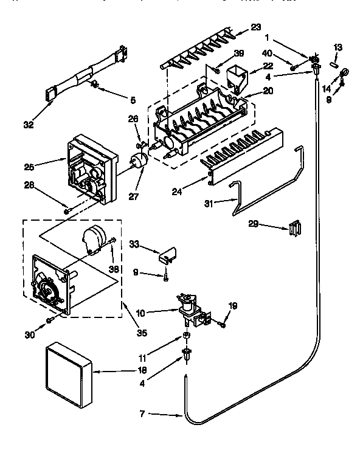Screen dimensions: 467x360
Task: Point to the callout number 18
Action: (x=142, y=370)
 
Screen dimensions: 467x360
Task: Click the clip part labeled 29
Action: (x=294, y=228)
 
